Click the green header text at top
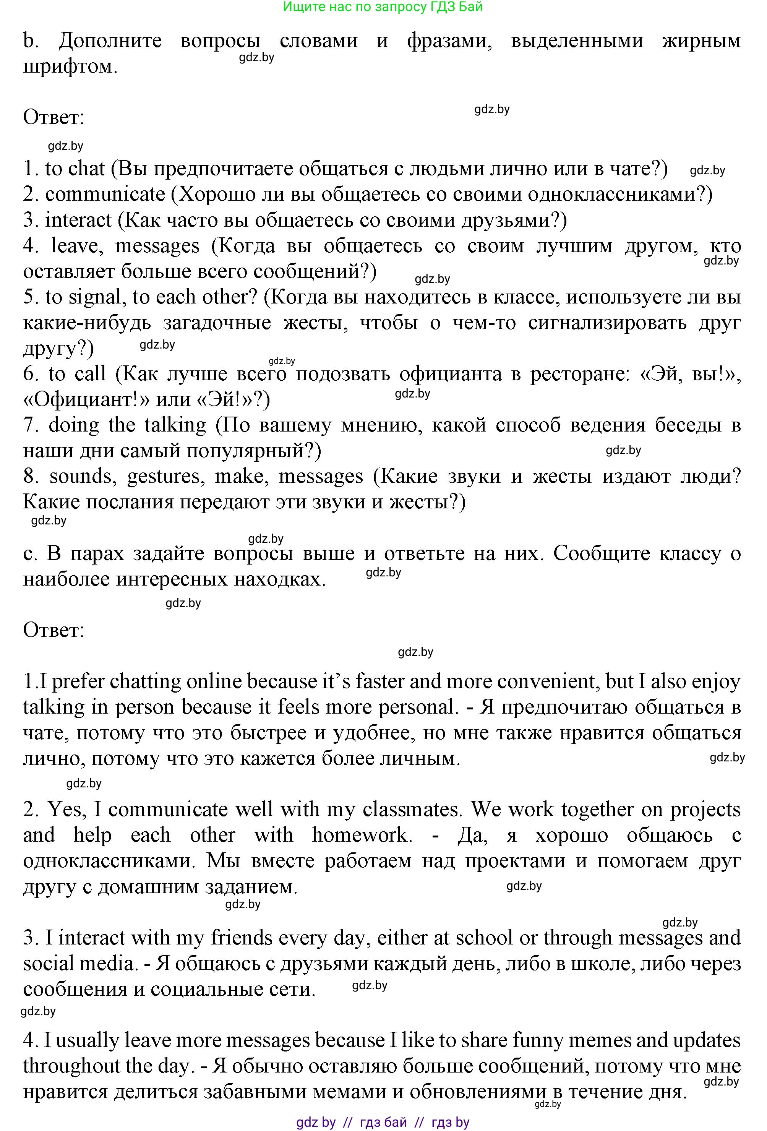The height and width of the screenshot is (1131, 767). [383, 7]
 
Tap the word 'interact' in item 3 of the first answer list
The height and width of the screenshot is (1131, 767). [78, 220]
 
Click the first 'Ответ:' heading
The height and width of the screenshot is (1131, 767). [54, 117]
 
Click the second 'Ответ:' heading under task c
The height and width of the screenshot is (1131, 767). [54, 630]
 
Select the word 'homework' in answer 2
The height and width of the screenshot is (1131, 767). [361, 835]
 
